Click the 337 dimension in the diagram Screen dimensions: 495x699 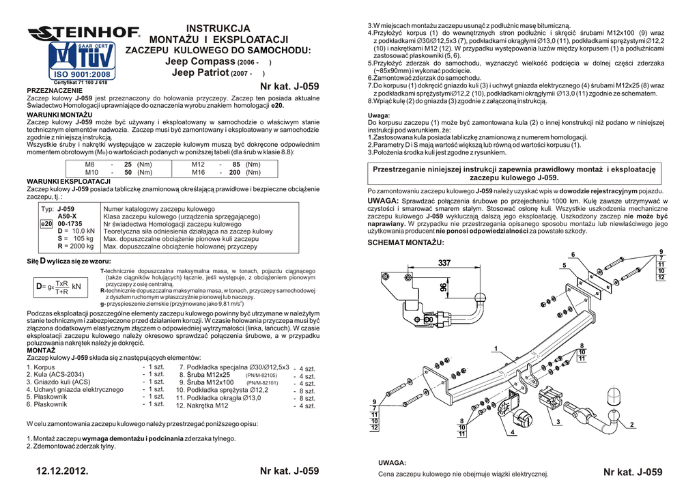[x=444, y=263]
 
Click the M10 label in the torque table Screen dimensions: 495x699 [x=91, y=173]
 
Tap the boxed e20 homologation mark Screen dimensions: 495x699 [x=46, y=224]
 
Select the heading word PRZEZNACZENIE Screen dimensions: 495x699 [x=54, y=90]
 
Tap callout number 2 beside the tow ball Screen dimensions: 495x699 [x=632, y=425]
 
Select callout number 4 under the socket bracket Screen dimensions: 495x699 [x=511, y=433]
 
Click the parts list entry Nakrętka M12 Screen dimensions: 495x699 [x=202, y=406]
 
